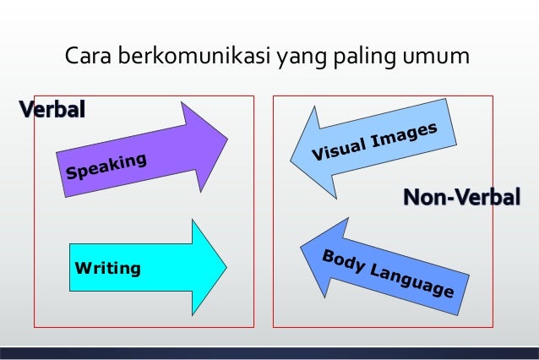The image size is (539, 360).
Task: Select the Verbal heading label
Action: pyautogui.click(x=52, y=109)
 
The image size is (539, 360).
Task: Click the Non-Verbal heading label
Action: pyautogui.click(x=460, y=198)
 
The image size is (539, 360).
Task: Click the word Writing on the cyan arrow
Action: pyautogui.click(x=107, y=269)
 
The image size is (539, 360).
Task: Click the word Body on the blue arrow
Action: pyautogui.click(x=342, y=260)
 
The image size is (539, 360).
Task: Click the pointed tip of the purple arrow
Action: pyautogui.click(x=226, y=134)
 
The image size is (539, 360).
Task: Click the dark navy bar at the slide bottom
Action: pyautogui.click(x=269, y=353)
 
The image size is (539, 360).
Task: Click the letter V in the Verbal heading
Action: pyautogui.click(x=26, y=109)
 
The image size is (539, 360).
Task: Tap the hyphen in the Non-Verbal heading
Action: pyautogui.click(x=448, y=199)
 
